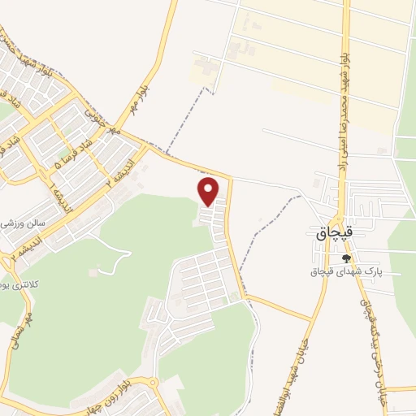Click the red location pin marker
click(209, 192)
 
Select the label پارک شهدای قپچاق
click(346, 271)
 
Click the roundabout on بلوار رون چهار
click(152, 383)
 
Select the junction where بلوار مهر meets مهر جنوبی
click(147, 146)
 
